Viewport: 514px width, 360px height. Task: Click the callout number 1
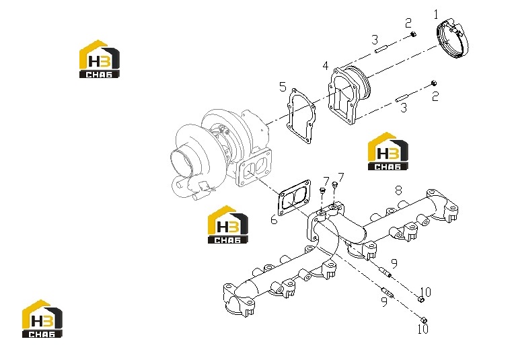[436, 14]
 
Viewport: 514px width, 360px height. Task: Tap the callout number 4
[325, 66]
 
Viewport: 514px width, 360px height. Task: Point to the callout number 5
[283, 87]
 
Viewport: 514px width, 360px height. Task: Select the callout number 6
[274, 219]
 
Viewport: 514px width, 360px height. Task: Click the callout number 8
[398, 190]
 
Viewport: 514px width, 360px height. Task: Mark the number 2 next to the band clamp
[408, 24]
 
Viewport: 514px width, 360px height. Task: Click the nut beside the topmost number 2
[413, 34]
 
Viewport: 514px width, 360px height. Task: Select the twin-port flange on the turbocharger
[254, 168]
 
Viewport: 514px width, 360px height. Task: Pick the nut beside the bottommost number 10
[424, 320]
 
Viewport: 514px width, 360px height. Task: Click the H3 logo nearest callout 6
[228, 225]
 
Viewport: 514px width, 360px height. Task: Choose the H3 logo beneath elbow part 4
[388, 151]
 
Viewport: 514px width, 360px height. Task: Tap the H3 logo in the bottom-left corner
[42, 319]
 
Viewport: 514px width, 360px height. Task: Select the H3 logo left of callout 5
[100, 59]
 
